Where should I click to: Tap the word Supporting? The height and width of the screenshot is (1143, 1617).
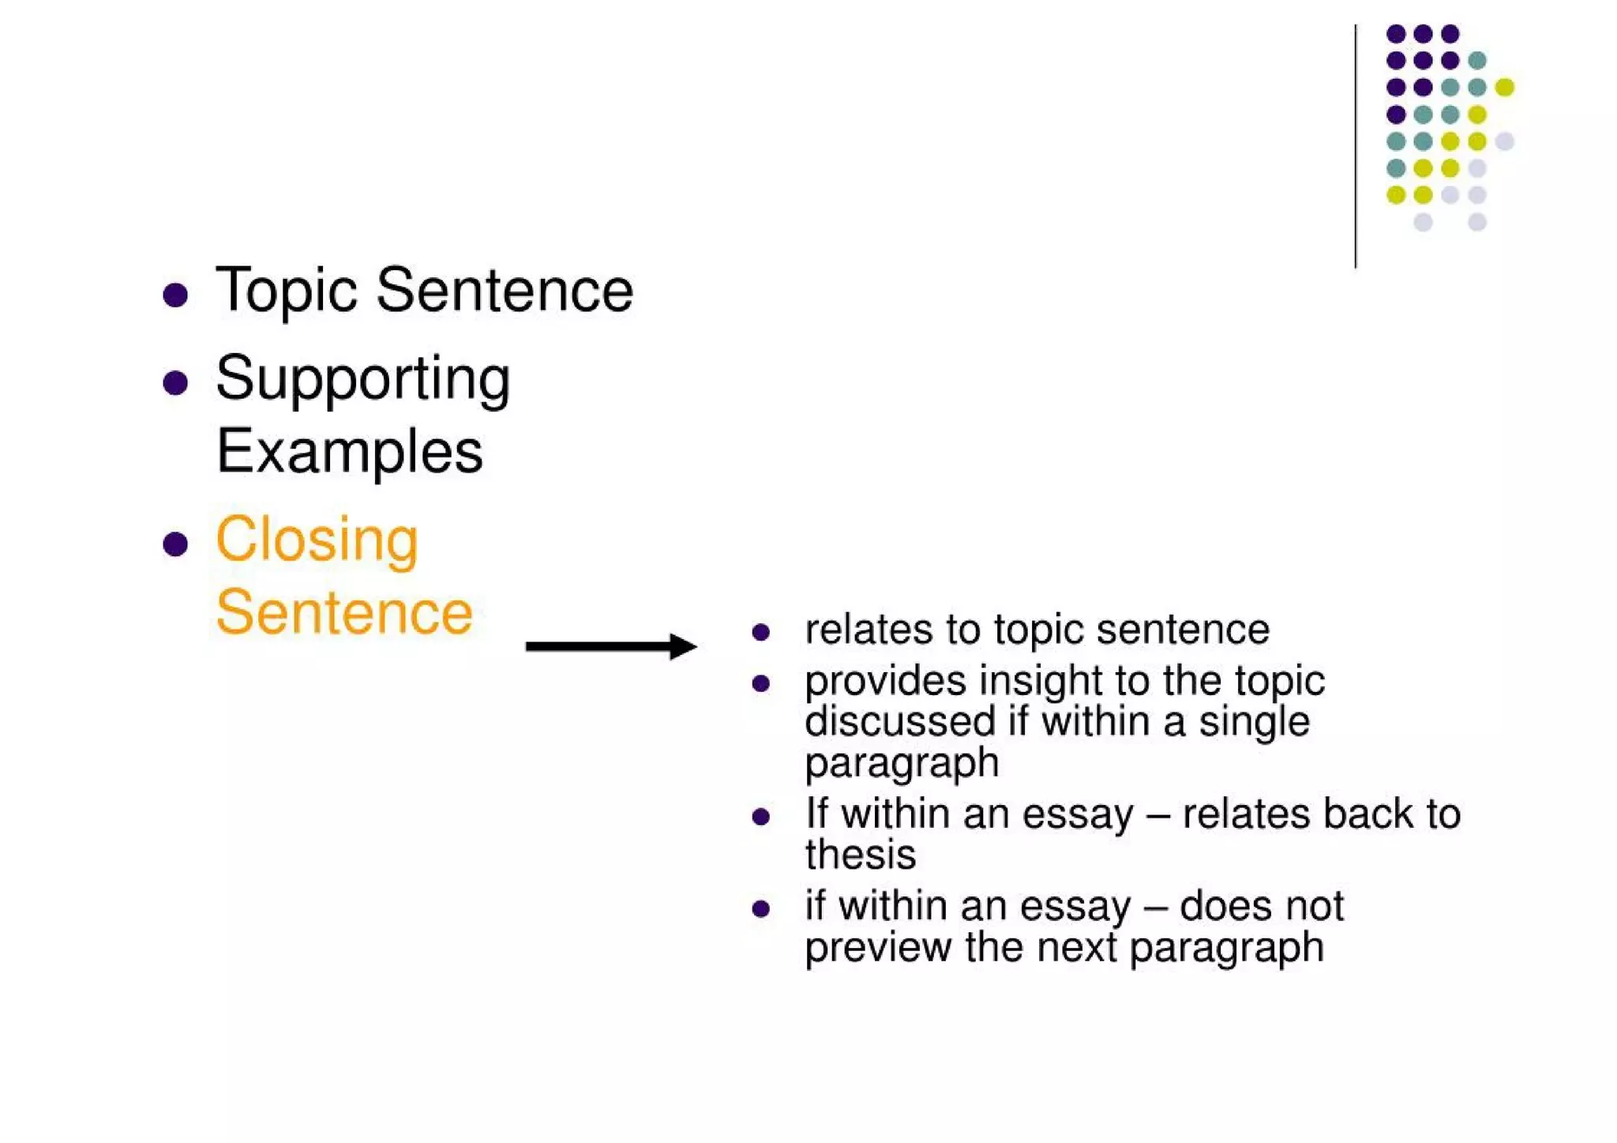362,380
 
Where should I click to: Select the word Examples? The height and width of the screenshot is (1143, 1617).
349,452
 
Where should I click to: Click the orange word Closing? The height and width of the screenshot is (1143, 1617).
317,540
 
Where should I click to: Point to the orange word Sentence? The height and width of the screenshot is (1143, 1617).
344,613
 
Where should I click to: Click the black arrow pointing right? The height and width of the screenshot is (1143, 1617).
610,647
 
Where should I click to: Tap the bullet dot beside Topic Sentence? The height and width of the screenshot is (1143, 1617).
175,295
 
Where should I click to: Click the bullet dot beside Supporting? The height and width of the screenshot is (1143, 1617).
175,383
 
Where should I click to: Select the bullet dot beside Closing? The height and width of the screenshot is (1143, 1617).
175,544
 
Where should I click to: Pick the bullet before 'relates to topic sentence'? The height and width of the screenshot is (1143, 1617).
761,632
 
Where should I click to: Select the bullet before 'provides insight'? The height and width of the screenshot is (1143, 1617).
761,683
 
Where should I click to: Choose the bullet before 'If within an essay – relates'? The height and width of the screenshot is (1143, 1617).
761,817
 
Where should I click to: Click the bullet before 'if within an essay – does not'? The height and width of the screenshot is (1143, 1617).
761,909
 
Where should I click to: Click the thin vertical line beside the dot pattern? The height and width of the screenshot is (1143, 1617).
1356,146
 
